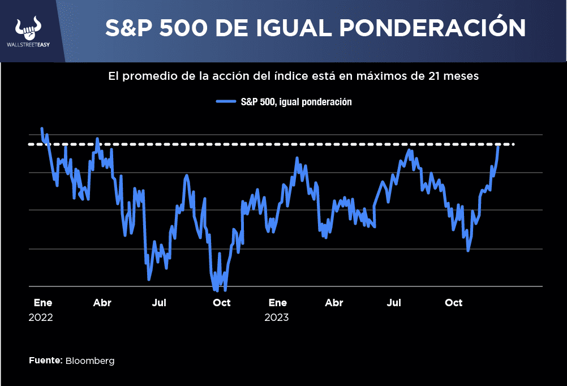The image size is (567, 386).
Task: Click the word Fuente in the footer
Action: tap(45, 360)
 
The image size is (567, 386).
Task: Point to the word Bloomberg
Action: tap(90, 361)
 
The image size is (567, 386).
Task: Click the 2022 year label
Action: tap(40, 318)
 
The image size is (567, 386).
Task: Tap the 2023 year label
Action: tap(276, 318)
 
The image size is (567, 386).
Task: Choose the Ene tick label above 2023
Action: tap(278, 303)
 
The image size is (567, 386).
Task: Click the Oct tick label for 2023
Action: tap(453, 303)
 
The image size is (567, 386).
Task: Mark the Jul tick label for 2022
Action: tap(159, 303)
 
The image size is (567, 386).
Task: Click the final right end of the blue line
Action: tap(499, 146)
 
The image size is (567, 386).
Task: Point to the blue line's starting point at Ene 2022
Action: tap(42, 129)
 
